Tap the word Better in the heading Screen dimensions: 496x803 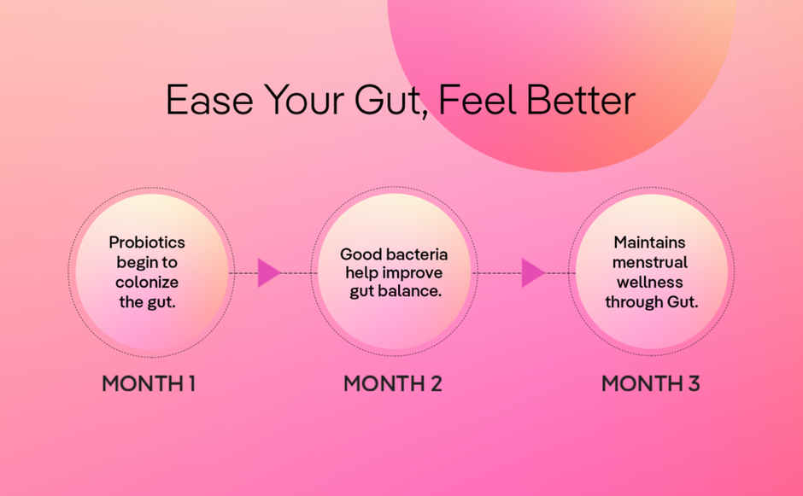[x=581, y=100]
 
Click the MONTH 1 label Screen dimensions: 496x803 [x=149, y=384]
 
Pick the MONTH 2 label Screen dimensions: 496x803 [x=393, y=384]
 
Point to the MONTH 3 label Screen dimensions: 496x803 [x=651, y=384]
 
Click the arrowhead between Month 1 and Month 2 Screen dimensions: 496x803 [x=269, y=273]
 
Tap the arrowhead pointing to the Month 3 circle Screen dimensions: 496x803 [x=532, y=273]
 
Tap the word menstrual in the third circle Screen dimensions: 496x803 [x=649, y=263]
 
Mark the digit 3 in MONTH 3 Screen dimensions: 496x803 [x=693, y=384]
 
